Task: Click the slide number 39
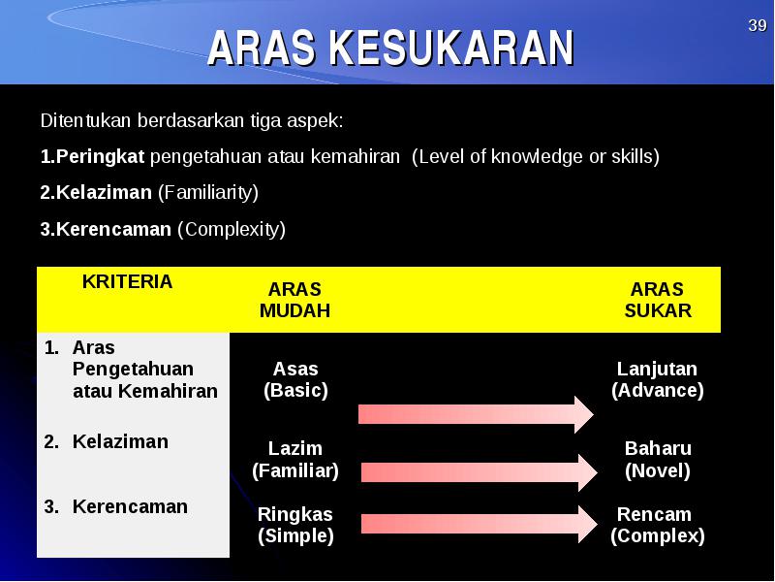[758, 25]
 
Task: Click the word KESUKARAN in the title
[451, 48]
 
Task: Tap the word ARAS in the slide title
[262, 48]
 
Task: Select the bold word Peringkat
[100, 157]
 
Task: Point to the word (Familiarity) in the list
[208, 192]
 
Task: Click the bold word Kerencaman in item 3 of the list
[113, 229]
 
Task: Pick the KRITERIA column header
[127, 281]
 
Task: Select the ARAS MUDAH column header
[294, 300]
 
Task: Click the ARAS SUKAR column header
[658, 300]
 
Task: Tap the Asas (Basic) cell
[295, 379]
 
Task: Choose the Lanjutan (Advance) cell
[658, 379]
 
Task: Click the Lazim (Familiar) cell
[295, 460]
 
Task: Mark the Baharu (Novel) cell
[658, 460]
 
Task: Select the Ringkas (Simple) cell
[295, 525]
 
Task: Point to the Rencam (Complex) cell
[658, 525]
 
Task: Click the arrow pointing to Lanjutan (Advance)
[476, 414]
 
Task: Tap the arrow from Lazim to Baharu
[480, 472]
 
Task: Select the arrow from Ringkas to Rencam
[480, 524]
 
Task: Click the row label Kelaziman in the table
[120, 441]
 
